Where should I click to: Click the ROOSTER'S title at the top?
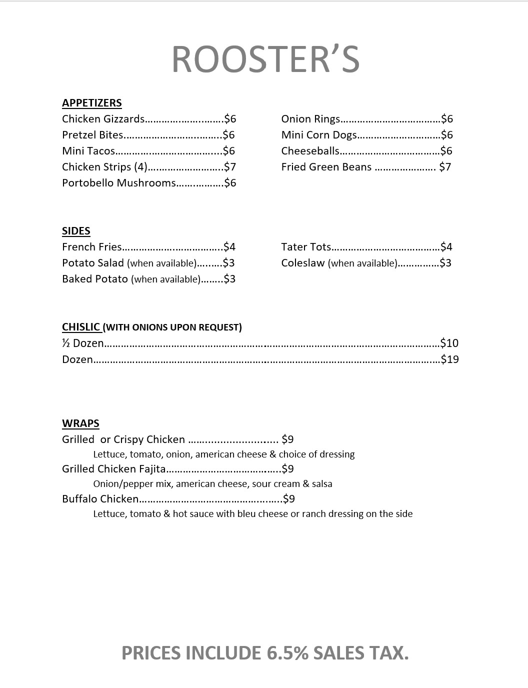tap(265, 59)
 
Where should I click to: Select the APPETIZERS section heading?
tap(92, 103)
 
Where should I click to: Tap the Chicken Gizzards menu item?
tap(103, 119)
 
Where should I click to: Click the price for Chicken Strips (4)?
tap(230, 167)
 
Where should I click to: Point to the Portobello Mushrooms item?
tap(119, 183)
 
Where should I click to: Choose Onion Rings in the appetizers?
tap(310, 119)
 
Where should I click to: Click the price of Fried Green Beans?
tap(445, 167)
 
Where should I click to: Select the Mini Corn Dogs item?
tap(319, 135)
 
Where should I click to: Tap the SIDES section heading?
tap(76, 231)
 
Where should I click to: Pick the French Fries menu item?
tap(92, 247)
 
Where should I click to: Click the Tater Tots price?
tap(446, 247)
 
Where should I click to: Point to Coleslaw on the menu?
tap(303, 263)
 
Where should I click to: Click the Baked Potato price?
tap(229, 279)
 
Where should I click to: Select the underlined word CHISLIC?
tap(81, 327)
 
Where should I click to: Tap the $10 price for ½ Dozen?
tap(449, 343)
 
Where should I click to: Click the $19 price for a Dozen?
tap(449, 359)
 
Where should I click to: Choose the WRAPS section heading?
tap(80, 423)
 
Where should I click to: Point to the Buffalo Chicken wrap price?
tap(289, 499)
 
